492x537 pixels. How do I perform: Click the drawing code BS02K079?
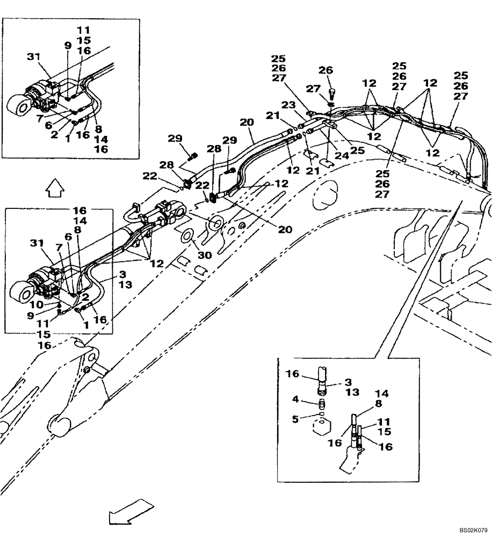point(469,529)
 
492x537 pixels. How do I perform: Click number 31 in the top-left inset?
point(34,55)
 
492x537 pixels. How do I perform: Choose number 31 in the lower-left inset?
point(37,244)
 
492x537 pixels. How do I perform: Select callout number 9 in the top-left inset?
point(68,47)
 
